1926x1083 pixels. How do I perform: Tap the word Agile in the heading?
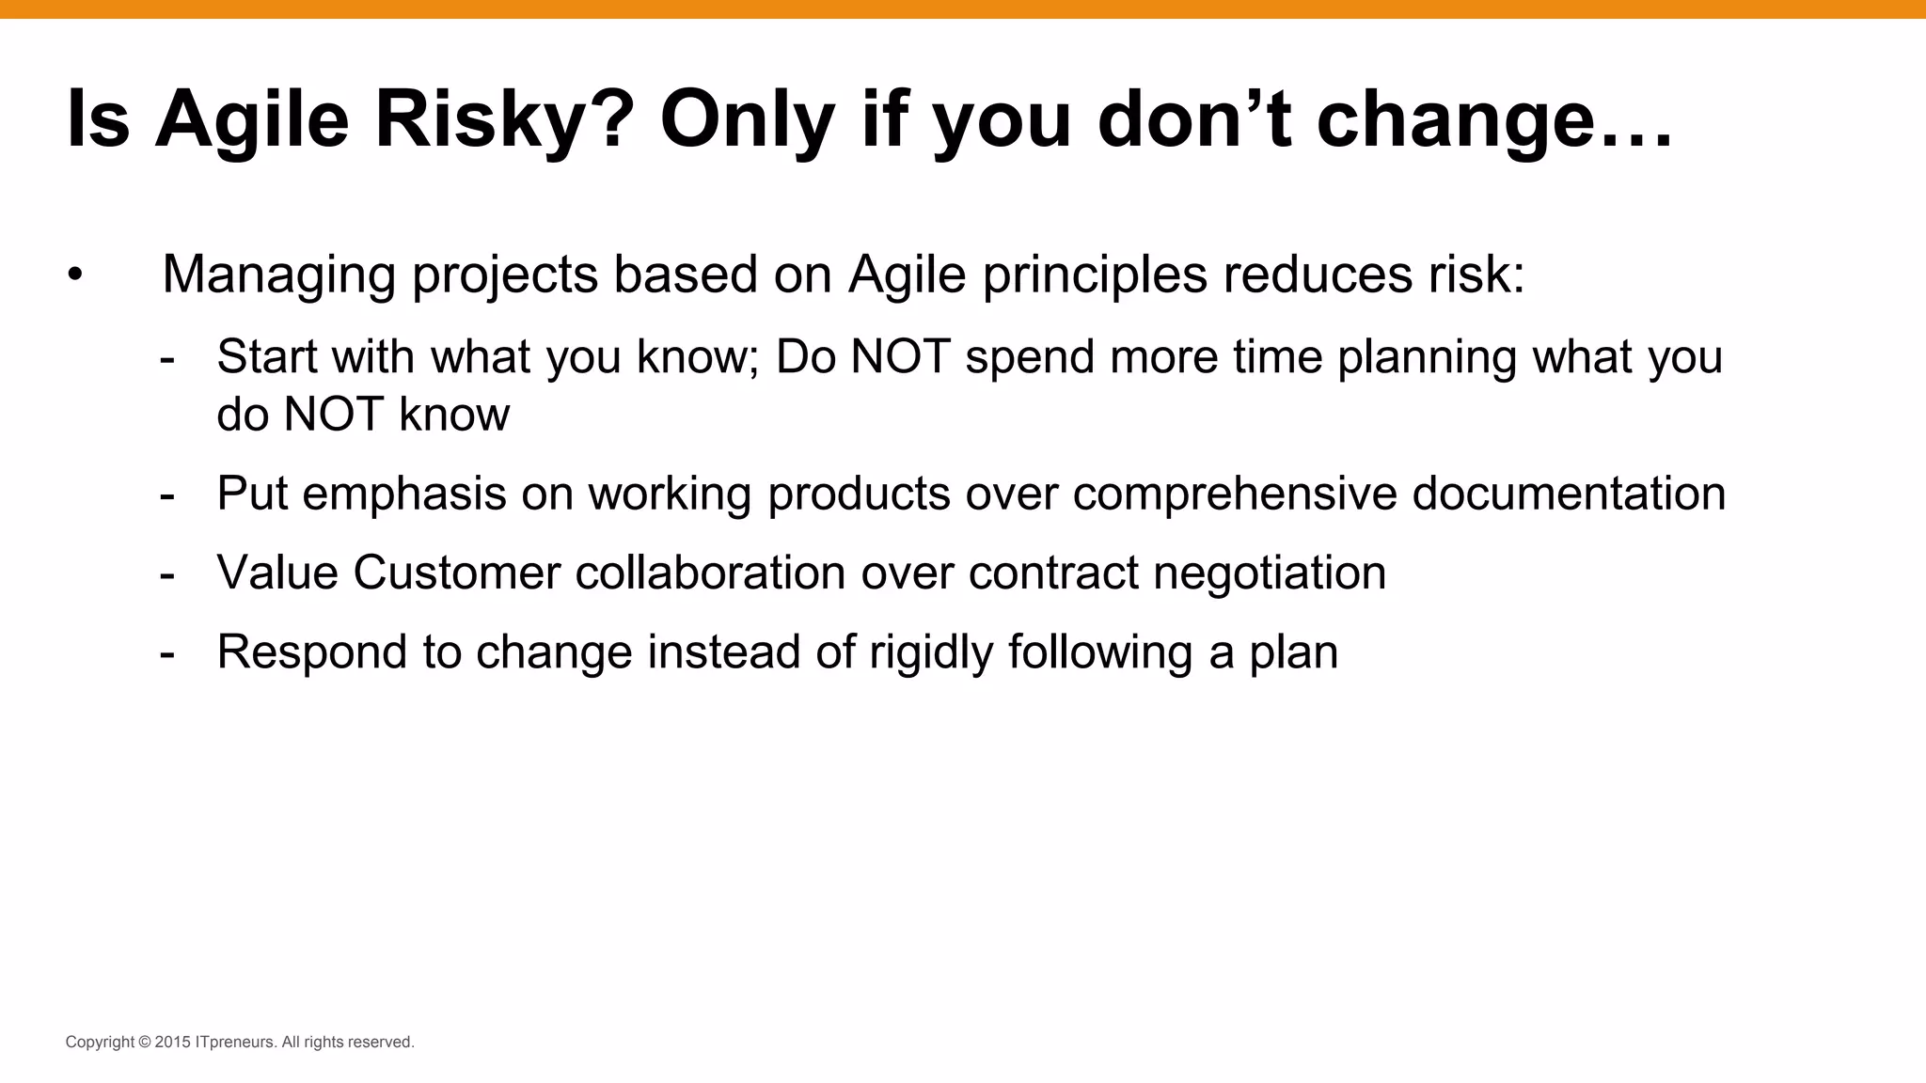tap(252, 120)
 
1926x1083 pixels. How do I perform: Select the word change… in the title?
tap(1494, 120)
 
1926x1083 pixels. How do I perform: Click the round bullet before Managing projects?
tap(75, 275)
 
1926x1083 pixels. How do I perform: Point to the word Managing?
tap(278, 275)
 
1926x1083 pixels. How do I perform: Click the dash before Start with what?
tap(167, 358)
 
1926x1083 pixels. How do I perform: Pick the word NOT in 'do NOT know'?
tap(333, 415)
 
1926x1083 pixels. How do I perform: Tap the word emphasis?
tap(404, 494)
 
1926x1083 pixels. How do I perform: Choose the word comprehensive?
tap(1235, 494)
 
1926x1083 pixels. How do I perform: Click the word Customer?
tap(456, 573)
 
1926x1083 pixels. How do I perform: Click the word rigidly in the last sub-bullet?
tap(931, 652)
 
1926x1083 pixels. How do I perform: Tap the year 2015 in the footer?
tap(173, 1043)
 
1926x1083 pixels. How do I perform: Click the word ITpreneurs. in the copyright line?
tap(236, 1043)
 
